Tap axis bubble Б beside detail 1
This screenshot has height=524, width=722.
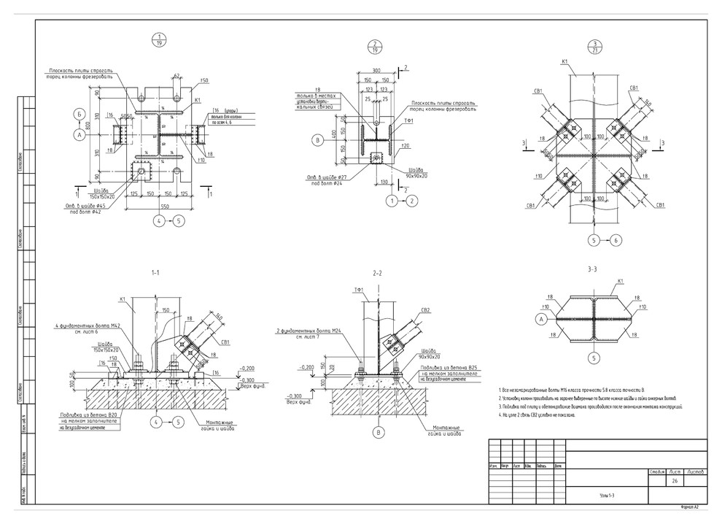point(79,114)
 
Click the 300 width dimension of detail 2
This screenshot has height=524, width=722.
point(376,72)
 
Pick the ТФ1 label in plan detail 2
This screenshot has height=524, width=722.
point(409,120)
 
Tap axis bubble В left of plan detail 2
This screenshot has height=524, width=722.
point(317,140)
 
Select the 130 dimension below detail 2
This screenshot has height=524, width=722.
point(384,183)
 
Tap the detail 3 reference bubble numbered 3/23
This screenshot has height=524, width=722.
point(596,47)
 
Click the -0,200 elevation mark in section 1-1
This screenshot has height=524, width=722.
point(250,369)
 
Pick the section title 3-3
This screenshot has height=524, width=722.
point(592,270)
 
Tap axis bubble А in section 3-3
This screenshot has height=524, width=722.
point(540,319)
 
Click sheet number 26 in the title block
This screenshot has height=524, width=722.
point(675,482)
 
